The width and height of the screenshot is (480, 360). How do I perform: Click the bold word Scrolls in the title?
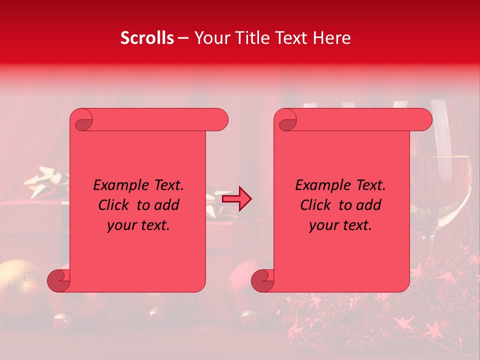tap(147, 38)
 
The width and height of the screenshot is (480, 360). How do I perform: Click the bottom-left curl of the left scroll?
tap(59, 280)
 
